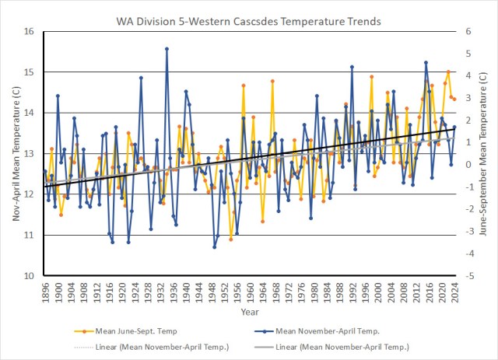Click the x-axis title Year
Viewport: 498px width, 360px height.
click(250, 312)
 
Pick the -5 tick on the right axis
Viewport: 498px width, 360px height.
click(465, 276)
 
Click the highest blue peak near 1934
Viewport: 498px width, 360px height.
click(167, 48)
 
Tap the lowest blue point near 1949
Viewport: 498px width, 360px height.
click(215, 247)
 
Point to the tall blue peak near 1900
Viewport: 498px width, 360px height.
click(58, 96)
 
